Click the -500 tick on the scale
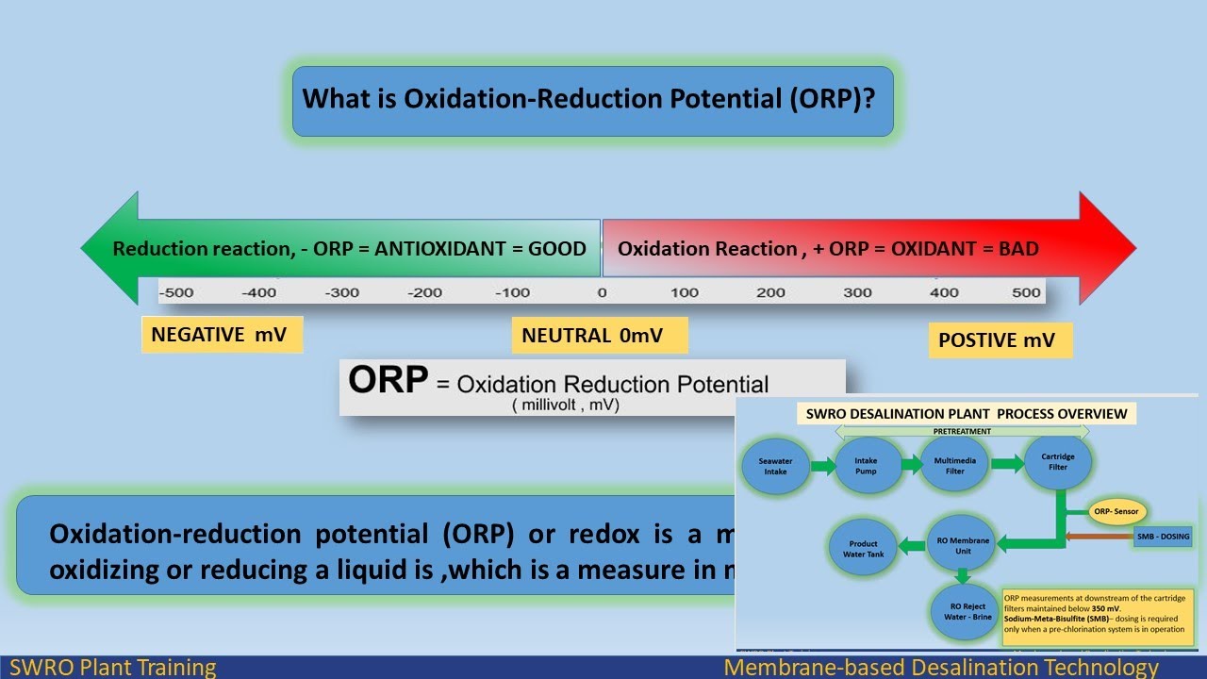[x=176, y=292]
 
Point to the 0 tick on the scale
[x=602, y=292]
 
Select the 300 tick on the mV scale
[x=857, y=292]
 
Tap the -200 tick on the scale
[x=425, y=292]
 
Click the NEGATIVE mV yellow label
[x=222, y=335]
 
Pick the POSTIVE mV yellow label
[x=1000, y=340]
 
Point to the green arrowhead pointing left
[x=108, y=249]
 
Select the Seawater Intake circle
[x=776, y=465]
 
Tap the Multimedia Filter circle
[x=954, y=464]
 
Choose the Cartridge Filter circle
[x=1057, y=462]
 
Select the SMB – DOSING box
[x=1163, y=537]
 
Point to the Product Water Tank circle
[x=862, y=549]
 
